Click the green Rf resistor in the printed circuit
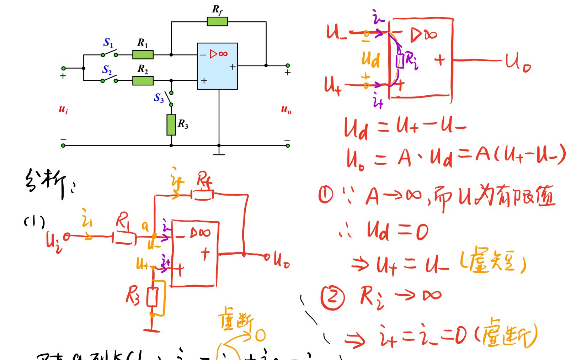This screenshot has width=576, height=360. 217,21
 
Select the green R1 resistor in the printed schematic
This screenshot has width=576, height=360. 143,54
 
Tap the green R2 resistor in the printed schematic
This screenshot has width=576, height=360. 143,80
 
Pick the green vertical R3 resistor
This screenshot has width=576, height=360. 171,125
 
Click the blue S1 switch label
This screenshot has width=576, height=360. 108,43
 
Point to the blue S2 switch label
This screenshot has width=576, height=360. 107,70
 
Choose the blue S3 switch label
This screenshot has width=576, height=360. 159,98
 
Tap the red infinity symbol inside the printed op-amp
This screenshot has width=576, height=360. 223,54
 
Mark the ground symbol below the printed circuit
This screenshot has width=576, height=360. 219,153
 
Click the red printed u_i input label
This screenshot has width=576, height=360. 63,109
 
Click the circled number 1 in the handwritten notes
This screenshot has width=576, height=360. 326,195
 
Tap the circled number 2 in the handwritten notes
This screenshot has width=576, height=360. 332,297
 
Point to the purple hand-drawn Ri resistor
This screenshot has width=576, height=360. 400,60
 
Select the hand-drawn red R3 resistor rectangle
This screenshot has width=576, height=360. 153,297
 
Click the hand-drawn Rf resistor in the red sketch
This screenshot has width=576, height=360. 203,195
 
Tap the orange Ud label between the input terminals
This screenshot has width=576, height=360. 370,59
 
